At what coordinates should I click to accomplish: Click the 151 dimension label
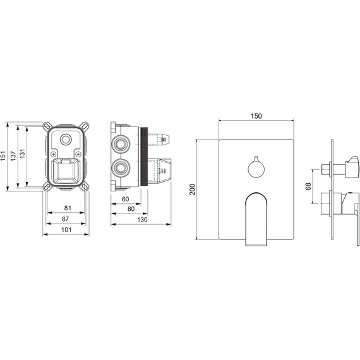click(3, 155)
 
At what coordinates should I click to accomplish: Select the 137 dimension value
click(13, 156)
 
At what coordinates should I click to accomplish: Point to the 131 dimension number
click(22, 153)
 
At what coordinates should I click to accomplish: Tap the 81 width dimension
click(68, 208)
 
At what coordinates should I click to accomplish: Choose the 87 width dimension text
click(65, 219)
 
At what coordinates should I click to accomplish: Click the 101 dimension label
click(66, 230)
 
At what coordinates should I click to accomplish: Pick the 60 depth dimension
click(125, 199)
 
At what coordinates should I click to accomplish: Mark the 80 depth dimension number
click(131, 209)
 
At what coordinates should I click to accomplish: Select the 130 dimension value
click(142, 220)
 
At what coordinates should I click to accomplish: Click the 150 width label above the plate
click(256, 116)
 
